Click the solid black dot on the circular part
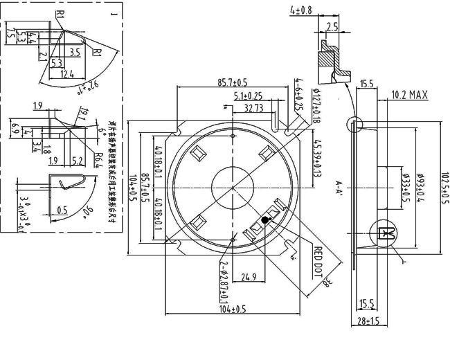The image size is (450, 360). click(x=264, y=220)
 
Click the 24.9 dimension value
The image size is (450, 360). click(x=247, y=278)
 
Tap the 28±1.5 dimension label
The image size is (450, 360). click(x=370, y=321)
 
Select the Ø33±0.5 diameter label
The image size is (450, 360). click(x=405, y=188)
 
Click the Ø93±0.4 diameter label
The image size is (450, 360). click(x=420, y=188)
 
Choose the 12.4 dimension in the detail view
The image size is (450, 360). click(x=66, y=73)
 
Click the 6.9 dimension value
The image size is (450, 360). click(x=15, y=129)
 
